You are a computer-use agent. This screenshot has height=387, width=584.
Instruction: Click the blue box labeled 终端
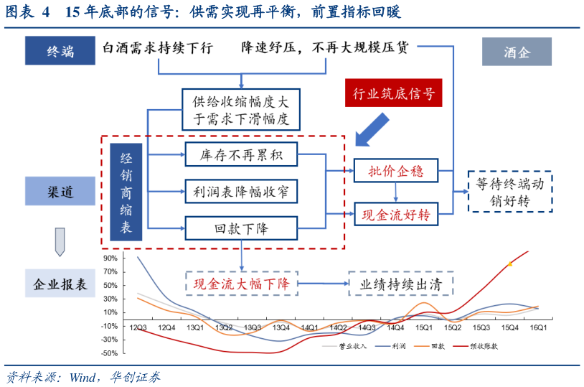(x=60, y=51)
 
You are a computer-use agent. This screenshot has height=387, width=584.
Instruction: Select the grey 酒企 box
(x=516, y=52)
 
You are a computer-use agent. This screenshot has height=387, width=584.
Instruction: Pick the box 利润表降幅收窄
(x=240, y=192)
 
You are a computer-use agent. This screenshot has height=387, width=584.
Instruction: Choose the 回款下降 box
(x=240, y=228)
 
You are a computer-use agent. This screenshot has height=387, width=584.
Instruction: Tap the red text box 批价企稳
(x=395, y=171)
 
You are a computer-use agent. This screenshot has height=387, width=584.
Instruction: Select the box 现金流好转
(x=395, y=213)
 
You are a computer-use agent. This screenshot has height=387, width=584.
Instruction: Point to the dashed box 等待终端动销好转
(x=510, y=192)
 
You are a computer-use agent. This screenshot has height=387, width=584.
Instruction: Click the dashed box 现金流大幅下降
(x=241, y=284)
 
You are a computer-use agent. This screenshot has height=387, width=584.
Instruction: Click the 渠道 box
(x=60, y=192)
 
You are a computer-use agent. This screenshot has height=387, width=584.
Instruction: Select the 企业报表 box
(x=60, y=284)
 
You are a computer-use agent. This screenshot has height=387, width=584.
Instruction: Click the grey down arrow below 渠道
(x=60, y=241)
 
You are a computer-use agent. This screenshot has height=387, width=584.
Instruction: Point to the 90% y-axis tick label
(x=110, y=258)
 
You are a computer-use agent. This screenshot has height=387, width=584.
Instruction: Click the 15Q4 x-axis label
(x=509, y=328)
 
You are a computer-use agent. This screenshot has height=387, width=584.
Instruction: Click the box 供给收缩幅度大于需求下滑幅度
(x=240, y=108)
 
